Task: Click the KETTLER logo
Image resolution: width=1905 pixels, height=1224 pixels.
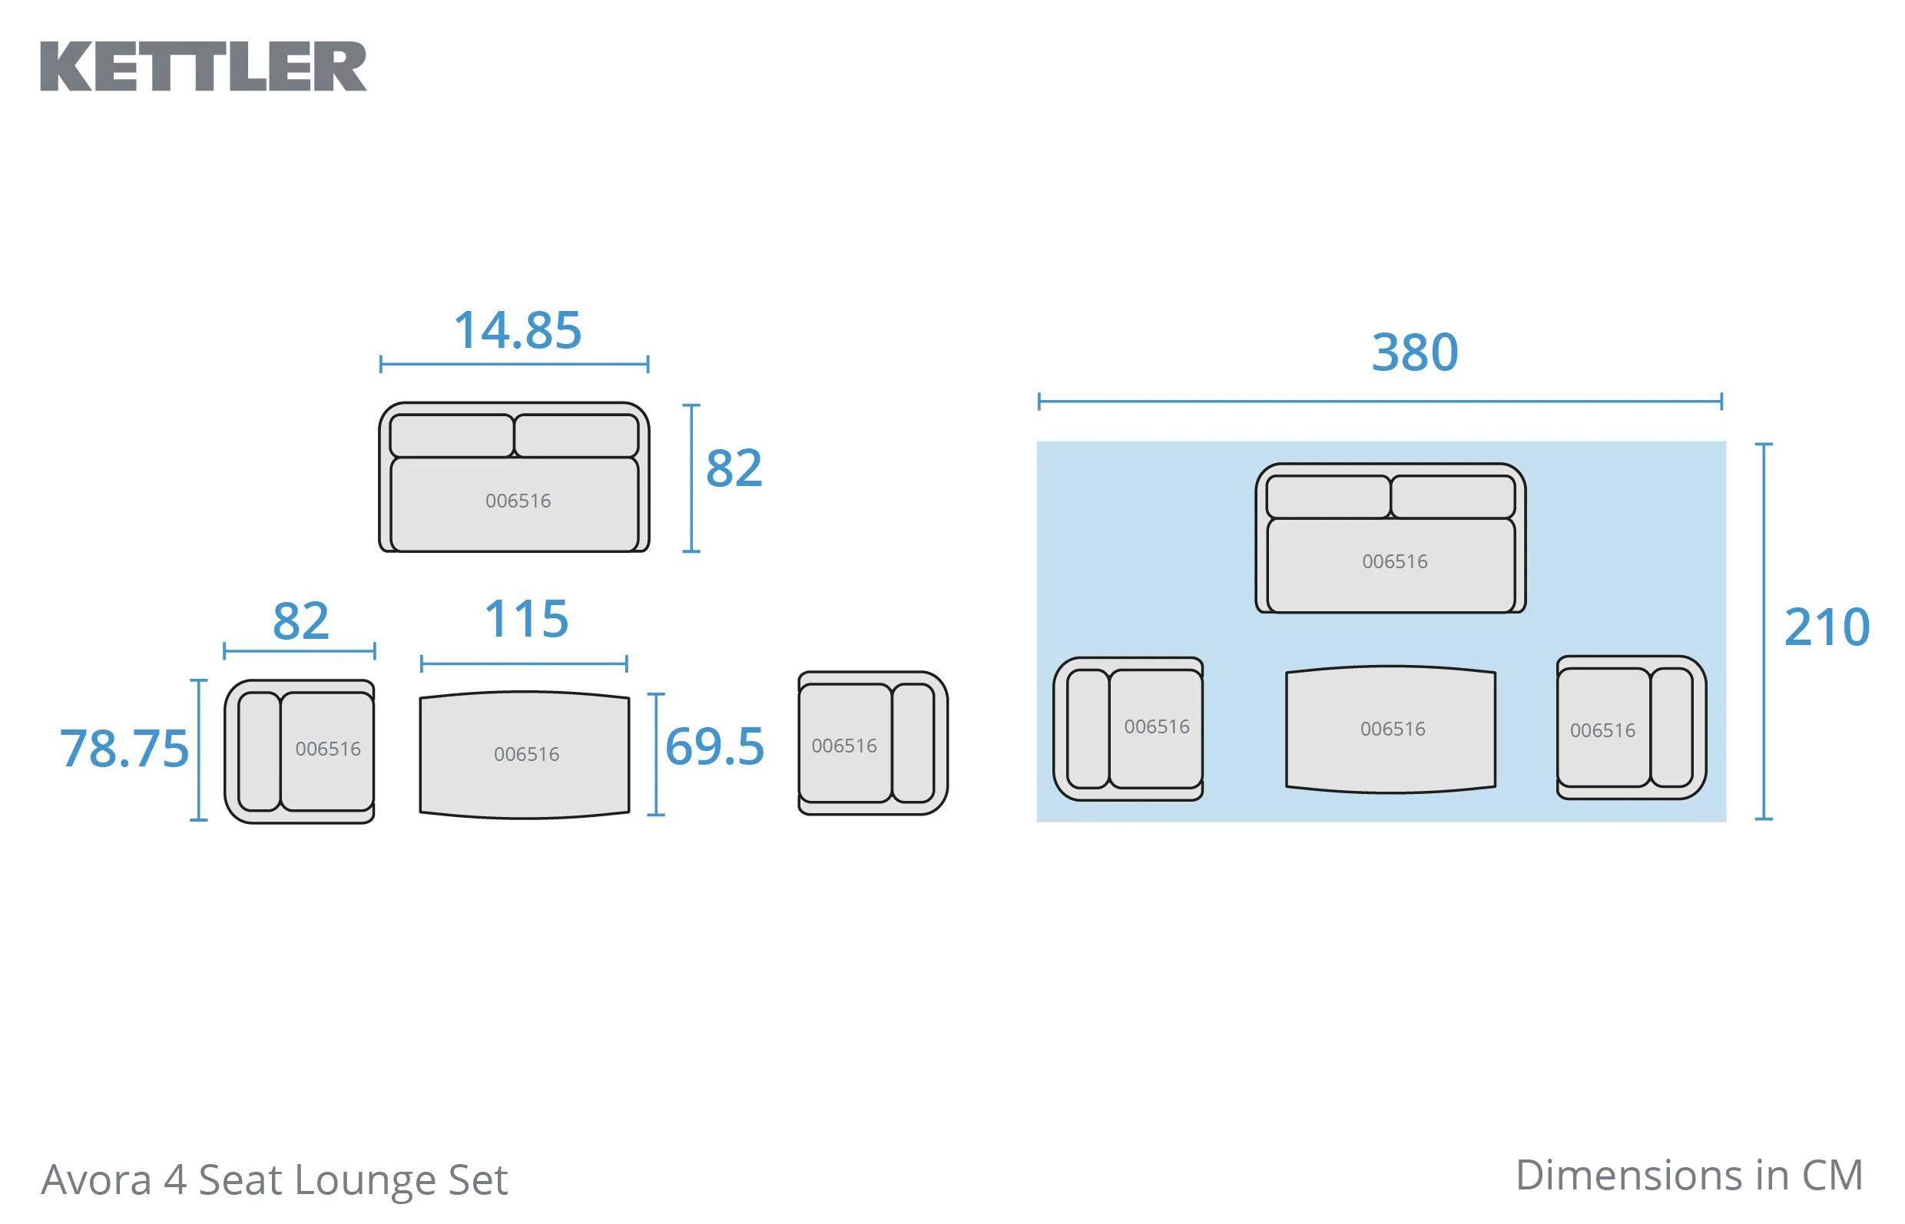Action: [204, 67]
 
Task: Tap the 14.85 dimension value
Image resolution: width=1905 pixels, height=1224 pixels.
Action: [518, 330]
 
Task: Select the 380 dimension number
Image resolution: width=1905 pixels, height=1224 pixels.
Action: [1414, 352]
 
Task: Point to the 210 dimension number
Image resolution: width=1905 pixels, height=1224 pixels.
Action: [1827, 627]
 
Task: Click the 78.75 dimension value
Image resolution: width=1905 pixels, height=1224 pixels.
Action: [125, 749]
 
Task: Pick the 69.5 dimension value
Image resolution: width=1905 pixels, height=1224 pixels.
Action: [714, 746]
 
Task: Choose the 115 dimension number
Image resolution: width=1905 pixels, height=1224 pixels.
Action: [526, 619]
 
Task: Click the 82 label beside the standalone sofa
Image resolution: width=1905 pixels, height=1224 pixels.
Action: [734, 468]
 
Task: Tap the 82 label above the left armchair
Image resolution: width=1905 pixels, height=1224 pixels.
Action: [300, 620]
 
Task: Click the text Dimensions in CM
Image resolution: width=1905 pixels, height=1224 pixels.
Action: [1688, 1176]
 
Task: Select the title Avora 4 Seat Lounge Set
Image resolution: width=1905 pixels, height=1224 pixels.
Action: [274, 1179]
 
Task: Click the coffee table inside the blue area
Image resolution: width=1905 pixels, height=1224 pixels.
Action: [1390, 729]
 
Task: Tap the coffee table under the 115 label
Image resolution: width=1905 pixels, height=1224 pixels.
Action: [525, 754]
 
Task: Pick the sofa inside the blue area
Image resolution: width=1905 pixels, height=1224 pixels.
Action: [1390, 538]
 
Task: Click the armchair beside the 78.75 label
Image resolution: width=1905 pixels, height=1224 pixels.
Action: [299, 751]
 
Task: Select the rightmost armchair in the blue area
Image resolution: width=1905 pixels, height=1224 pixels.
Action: [1632, 727]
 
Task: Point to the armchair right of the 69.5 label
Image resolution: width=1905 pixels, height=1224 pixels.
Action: [873, 743]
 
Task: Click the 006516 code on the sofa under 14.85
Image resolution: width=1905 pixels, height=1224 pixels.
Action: [518, 501]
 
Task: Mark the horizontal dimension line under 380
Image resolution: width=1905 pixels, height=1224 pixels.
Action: [1380, 402]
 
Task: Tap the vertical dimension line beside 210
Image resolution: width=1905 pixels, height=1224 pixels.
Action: [1764, 631]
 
